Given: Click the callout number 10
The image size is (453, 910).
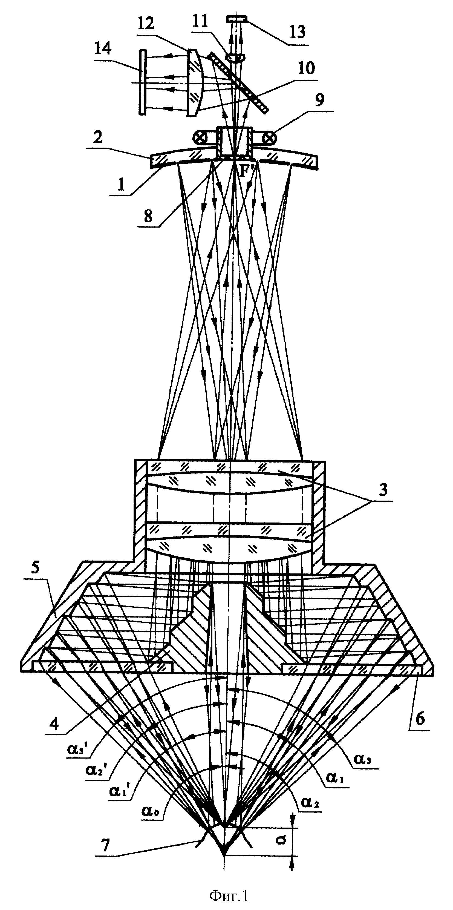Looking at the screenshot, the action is (306, 68).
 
